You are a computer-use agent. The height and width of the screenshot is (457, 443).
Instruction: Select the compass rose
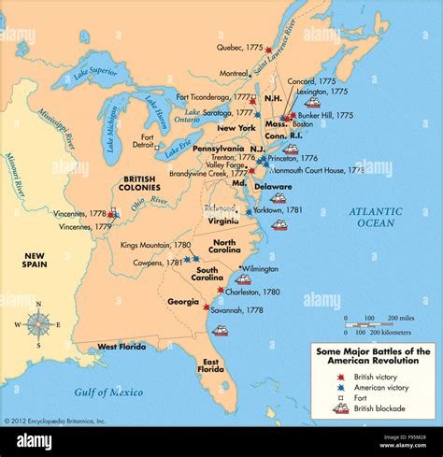tap(38, 324)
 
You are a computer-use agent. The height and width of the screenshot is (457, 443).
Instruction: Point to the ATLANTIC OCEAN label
tap(376, 217)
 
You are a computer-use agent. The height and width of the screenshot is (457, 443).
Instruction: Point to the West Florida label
tap(121, 347)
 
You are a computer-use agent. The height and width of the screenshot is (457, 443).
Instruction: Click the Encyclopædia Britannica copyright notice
tap(56, 421)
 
